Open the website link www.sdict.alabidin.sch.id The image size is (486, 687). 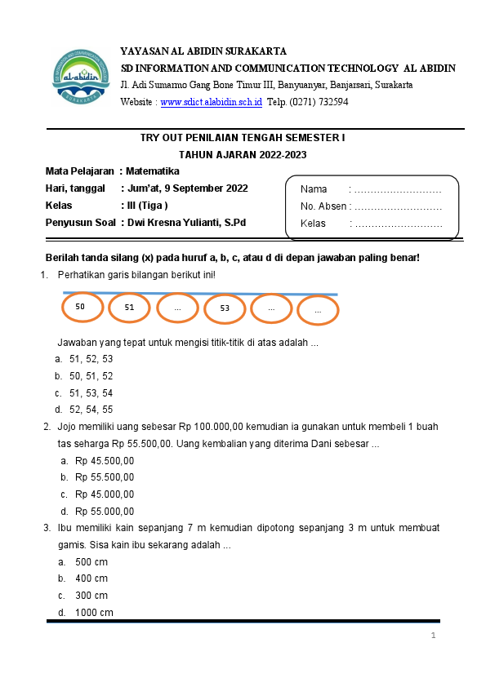(x=212, y=102)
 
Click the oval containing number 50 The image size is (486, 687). (x=81, y=307)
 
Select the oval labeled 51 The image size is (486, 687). (x=129, y=308)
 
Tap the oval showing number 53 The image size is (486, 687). (x=225, y=308)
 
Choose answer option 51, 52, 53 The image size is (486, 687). (x=91, y=359)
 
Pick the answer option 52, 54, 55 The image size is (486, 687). (x=91, y=410)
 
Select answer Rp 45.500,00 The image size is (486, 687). (x=105, y=461)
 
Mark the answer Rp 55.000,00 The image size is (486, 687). (x=105, y=512)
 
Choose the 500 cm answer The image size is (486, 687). (x=91, y=562)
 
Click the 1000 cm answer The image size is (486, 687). (x=94, y=613)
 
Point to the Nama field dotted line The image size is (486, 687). (x=395, y=189)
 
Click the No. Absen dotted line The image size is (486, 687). (x=397, y=206)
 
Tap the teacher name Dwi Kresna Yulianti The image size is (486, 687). (x=185, y=222)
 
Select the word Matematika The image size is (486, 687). (x=153, y=171)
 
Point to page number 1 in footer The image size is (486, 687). (x=434, y=636)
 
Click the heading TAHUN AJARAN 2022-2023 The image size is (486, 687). (x=243, y=154)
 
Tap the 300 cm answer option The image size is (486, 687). (x=91, y=596)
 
